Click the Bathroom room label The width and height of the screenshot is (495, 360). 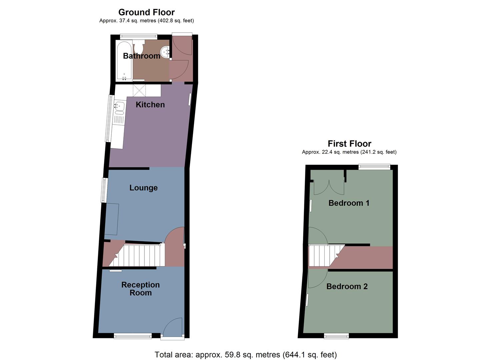[x=142, y=56]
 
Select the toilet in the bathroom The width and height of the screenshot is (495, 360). [x=139, y=46]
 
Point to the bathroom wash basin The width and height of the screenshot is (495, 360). [x=165, y=52]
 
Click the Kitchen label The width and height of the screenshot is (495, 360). [x=150, y=105]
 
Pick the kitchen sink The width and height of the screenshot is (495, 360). [x=119, y=106]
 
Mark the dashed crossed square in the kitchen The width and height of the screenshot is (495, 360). [x=139, y=90]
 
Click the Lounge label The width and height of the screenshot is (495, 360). [x=143, y=188]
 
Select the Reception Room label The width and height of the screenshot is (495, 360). [x=140, y=289]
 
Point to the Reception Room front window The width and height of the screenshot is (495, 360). [x=133, y=336]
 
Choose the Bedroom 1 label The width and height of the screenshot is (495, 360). [x=349, y=203]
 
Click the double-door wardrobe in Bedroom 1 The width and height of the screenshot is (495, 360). [x=329, y=187]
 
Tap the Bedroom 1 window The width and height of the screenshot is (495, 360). [x=374, y=167]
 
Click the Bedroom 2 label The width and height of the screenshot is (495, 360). [x=347, y=286]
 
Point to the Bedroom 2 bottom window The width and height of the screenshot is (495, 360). [x=336, y=336]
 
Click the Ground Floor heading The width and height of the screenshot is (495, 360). [x=146, y=12]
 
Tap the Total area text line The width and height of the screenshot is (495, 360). [x=246, y=355]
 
